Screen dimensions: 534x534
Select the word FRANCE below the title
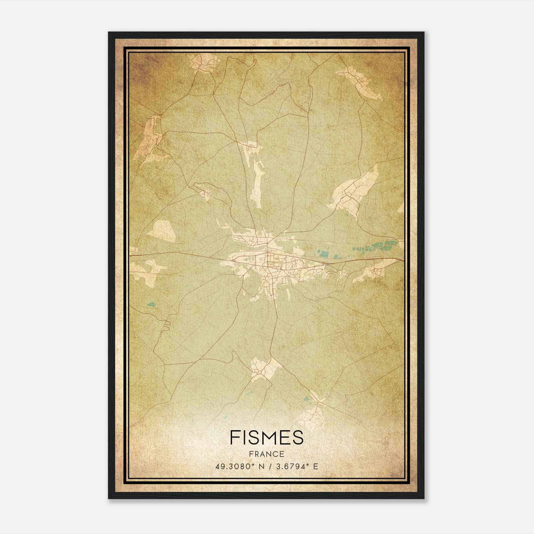[266, 454]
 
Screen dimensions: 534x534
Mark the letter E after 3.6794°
[315, 466]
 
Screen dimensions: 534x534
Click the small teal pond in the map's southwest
[151, 304]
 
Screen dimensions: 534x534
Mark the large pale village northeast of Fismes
[354, 190]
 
